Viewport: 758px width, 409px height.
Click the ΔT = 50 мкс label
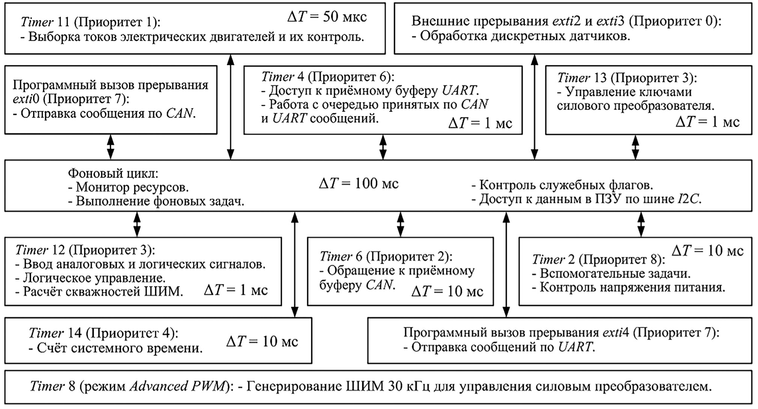327,16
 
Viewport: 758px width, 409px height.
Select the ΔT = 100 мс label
358,183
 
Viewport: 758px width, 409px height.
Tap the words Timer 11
45,22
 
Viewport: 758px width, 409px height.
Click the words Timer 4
283,77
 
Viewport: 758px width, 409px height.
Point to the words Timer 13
582,78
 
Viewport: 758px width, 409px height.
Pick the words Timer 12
40,250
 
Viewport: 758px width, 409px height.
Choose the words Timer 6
341,256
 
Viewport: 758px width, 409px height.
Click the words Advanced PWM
177,387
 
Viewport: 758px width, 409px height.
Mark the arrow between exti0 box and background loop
110,147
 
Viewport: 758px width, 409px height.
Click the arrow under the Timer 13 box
635,147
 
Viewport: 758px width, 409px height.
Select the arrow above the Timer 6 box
400,224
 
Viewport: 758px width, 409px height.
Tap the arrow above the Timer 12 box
137,224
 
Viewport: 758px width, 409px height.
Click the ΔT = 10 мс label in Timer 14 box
262,341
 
